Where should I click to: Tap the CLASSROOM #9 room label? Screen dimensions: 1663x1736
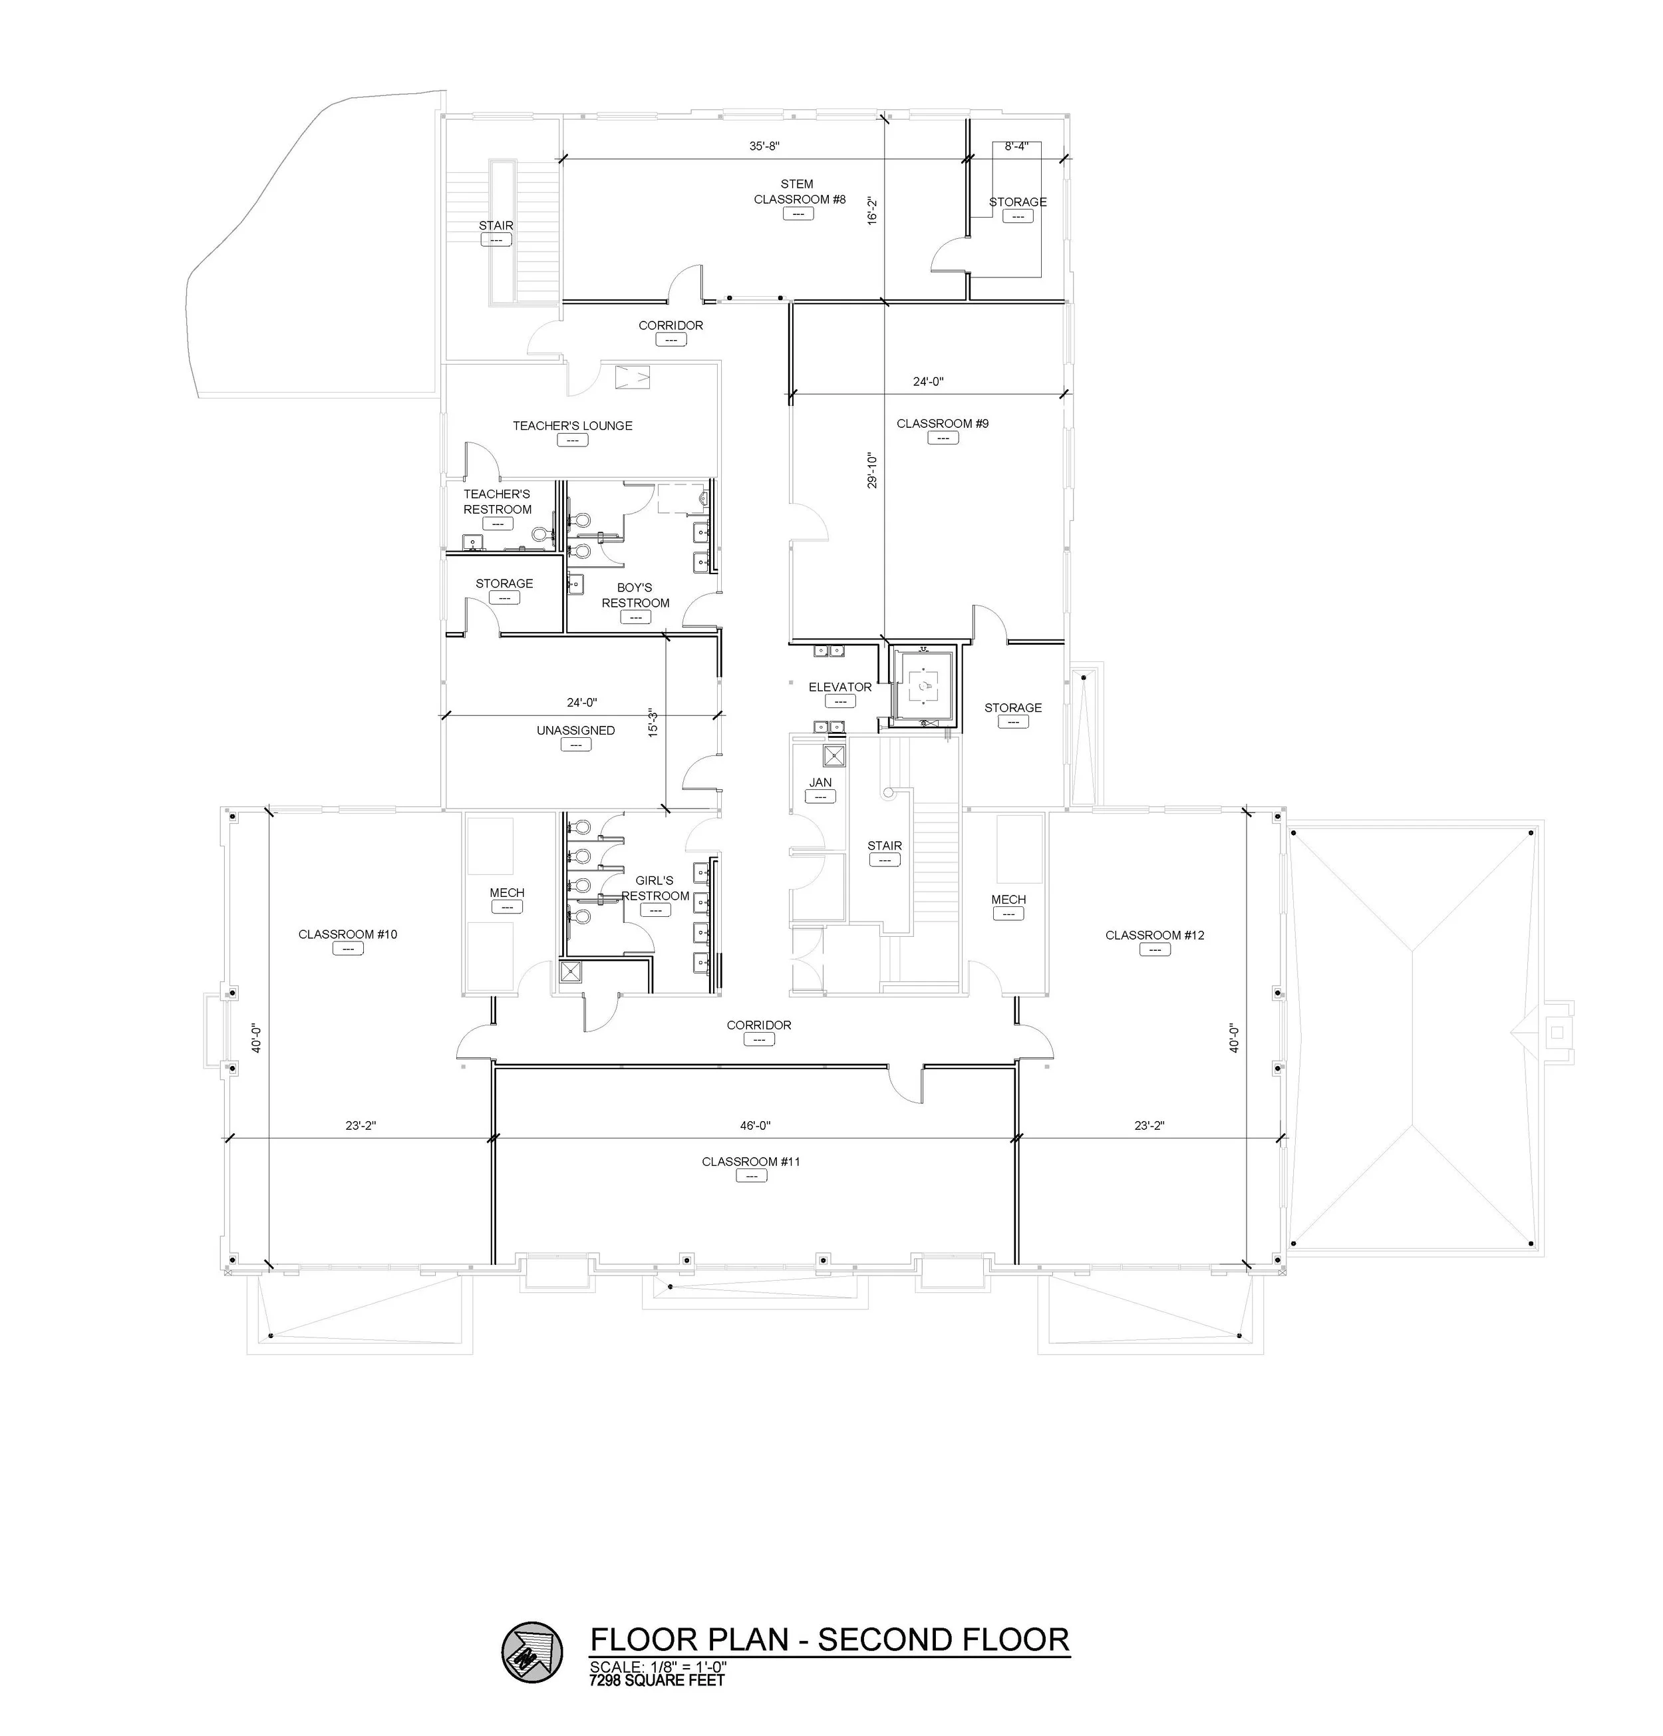click(x=941, y=423)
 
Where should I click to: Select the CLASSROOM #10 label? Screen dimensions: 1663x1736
click(x=347, y=934)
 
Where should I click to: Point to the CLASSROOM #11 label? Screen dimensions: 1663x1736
click(x=750, y=1161)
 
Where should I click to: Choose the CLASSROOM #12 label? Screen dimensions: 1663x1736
click(x=1154, y=934)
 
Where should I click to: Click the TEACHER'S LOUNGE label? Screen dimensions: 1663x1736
click(x=572, y=425)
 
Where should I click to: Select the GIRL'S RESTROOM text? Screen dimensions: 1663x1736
click(x=655, y=888)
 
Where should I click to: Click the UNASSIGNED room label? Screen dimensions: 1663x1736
click(x=575, y=730)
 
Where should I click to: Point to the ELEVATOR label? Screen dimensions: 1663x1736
click(x=839, y=687)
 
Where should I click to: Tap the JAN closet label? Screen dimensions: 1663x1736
click(x=820, y=782)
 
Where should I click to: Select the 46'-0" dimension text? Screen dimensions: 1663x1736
click(x=754, y=1126)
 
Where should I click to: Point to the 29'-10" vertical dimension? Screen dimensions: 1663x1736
click(x=872, y=470)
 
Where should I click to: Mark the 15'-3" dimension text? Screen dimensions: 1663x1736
click(x=653, y=722)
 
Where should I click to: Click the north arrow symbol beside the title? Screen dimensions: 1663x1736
click(x=532, y=1652)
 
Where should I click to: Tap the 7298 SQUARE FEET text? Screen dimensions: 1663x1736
click(x=657, y=1679)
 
